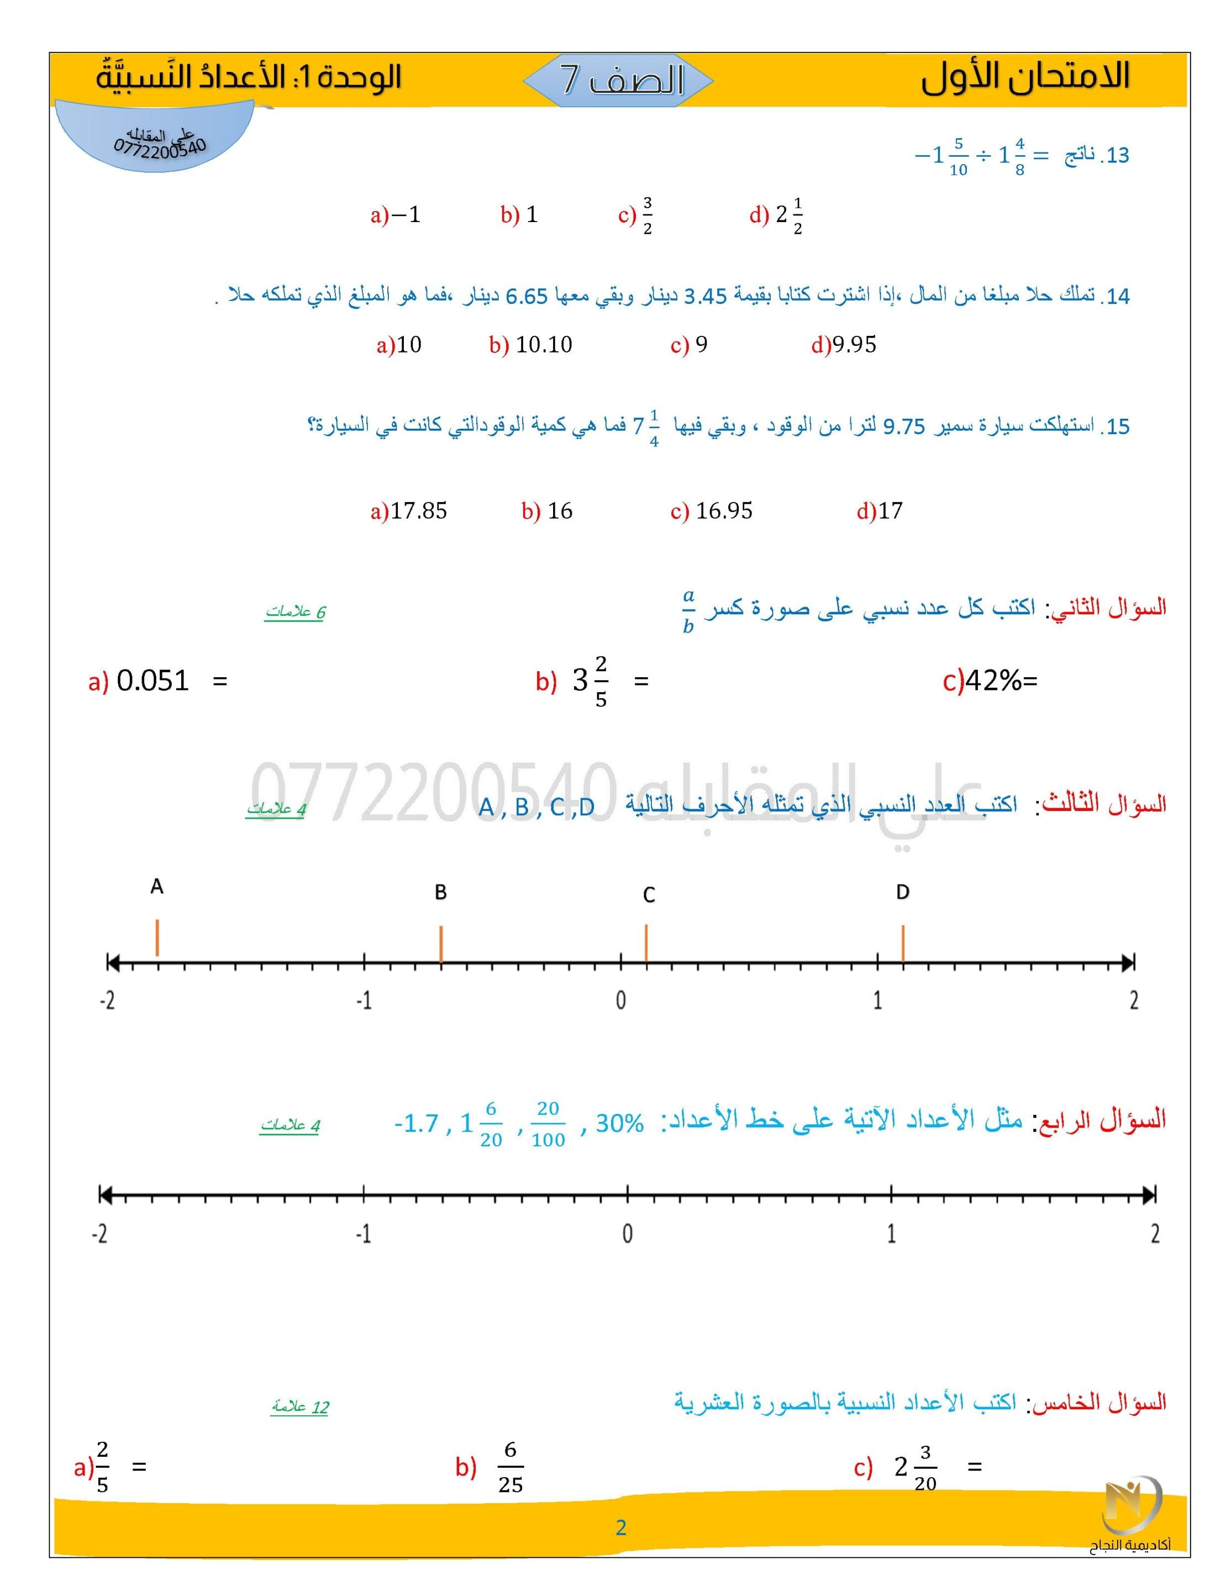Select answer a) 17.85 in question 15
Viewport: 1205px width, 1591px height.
(409, 512)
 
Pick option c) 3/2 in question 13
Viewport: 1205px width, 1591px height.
(636, 215)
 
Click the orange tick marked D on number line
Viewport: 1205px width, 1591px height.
(902, 943)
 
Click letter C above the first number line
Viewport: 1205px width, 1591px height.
(648, 895)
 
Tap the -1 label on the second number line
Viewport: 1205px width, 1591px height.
(364, 1234)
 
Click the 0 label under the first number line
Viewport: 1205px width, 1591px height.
(620, 1000)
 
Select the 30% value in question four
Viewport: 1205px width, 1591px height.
(619, 1124)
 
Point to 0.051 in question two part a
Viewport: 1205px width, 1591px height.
(152, 681)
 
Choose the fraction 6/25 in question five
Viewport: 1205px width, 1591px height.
(510, 1467)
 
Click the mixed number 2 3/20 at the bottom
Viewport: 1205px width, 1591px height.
(915, 1467)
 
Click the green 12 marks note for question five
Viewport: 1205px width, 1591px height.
(300, 1407)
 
